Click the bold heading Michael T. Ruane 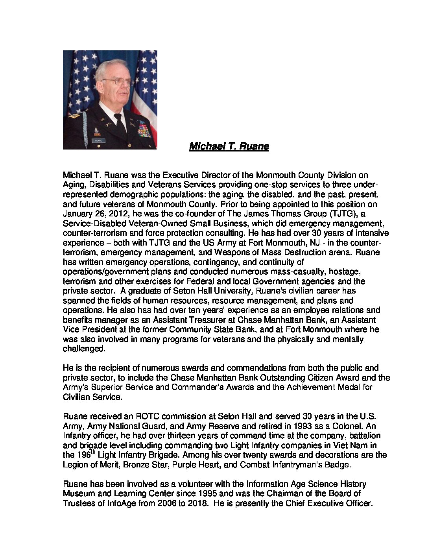[x=229, y=147]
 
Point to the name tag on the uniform [x=97, y=140]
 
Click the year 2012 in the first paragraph [x=98, y=214]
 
